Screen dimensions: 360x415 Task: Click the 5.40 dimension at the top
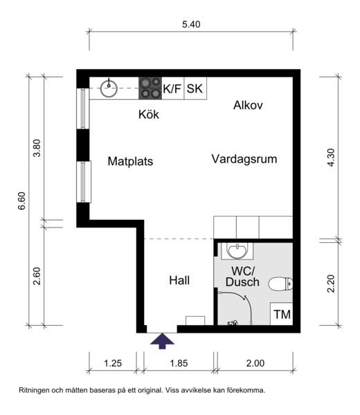click(191, 24)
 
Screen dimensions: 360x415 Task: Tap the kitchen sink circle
click(109, 89)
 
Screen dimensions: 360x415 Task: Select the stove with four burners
click(150, 88)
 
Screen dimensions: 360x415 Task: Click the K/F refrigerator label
click(172, 89)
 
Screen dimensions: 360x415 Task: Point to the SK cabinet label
click(195, 89)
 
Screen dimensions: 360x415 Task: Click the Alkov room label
click(248, 105)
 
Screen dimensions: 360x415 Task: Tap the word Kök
click(149, 114)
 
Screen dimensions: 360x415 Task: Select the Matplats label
click(130, 161)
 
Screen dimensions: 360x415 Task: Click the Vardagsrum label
click(244, 159)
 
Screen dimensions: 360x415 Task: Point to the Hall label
click(179, 280)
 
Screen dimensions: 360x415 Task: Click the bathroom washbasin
click(237, 251)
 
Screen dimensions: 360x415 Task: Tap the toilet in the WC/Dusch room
click(280, 284)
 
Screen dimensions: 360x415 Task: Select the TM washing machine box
click(282, 314)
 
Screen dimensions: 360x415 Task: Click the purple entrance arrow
click(162, 341)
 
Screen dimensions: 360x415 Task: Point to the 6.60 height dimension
click(21, 201)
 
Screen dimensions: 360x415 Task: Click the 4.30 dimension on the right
click(331, 158)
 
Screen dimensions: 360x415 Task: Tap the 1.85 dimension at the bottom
click(179, 363)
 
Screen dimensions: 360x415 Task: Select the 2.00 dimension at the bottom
click(255, 363)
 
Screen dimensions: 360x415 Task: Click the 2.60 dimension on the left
click(37, 276)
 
